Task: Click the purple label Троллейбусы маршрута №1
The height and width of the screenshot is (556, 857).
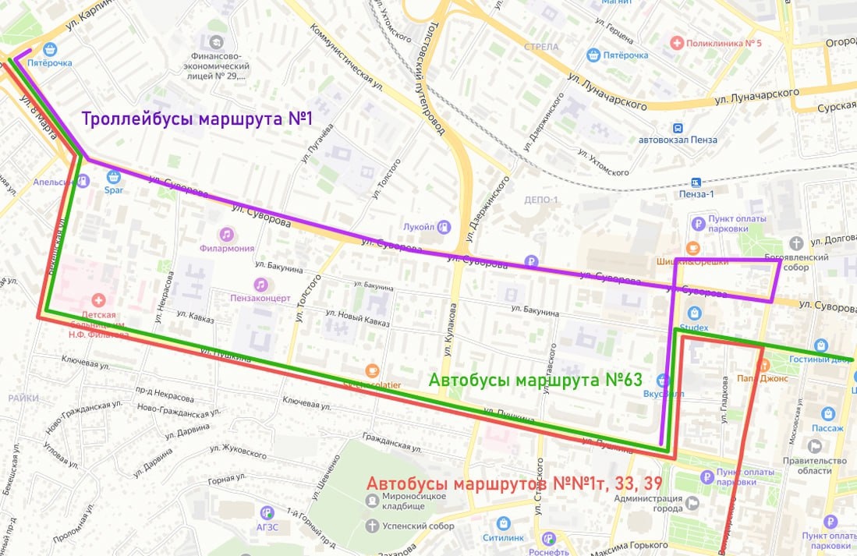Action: pyautogui.click(x=197, y=120)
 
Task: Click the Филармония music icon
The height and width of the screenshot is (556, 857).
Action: pyautogui.click(x=226, y=234)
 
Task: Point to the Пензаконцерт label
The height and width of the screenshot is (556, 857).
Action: pyautogui.click(x=260, y=298)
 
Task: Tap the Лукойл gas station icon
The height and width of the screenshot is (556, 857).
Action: pyautogui.click(x=444, y=227)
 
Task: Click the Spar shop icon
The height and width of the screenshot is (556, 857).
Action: pyautogui.click(x=114, y=176)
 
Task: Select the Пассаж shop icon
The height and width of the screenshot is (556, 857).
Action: pyautogui.click(x=827, y=414)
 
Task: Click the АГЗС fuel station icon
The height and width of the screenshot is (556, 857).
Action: pyautogui.click(x=267, y=512)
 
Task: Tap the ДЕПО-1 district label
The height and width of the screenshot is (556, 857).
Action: pyautogui.click(x=541, y=200)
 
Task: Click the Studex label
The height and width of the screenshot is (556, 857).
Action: pyautogui.click(x=693, y=328)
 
